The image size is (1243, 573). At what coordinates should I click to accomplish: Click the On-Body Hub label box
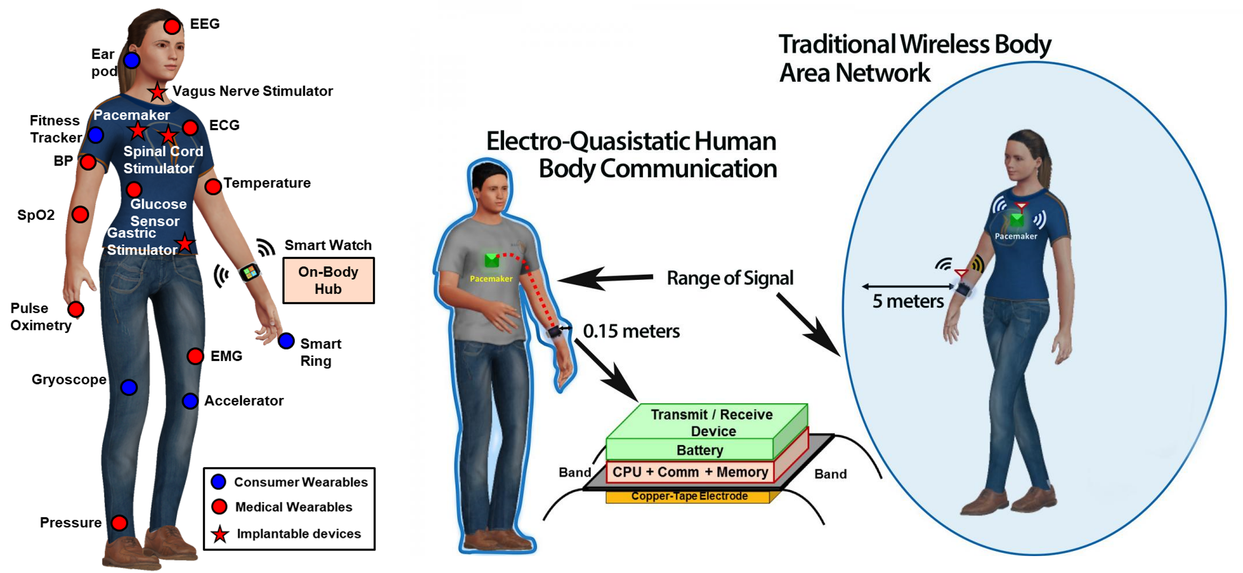328,280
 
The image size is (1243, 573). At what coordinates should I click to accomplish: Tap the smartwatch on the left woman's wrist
250,272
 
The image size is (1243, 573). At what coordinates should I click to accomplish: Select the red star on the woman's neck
157,92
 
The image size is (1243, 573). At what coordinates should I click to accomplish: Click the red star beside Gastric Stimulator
184,244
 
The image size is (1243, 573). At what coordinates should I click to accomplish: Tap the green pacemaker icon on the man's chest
491,260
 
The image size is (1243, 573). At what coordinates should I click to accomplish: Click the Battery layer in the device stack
700,450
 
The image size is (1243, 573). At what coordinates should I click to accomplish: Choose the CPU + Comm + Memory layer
690,472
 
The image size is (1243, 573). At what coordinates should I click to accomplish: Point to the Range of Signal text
730,278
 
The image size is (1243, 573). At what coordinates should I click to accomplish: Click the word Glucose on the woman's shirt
158,204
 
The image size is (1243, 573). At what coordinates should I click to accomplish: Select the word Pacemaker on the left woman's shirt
131,115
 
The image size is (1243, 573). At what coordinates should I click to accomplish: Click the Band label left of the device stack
574,472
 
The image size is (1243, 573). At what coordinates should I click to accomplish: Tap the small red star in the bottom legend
220,535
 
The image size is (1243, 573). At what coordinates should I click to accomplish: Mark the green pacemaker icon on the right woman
1016,220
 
